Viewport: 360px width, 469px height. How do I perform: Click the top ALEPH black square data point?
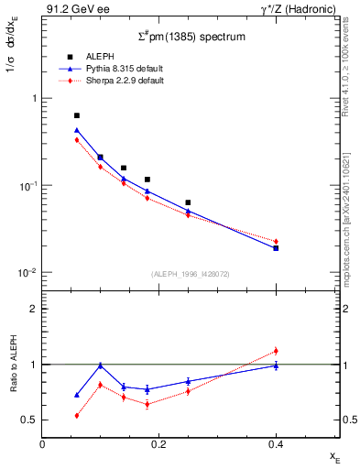tap(77, 115)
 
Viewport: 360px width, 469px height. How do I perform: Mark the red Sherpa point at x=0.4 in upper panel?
tap(276, 241)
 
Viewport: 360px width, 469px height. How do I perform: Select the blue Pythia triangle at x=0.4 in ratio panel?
tap(276, 365)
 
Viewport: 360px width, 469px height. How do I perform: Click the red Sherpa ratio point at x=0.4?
tap(276, 351)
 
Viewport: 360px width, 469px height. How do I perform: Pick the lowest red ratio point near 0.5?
tap(77, 415)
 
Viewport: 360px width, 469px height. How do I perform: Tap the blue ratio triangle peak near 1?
tap(100, 365)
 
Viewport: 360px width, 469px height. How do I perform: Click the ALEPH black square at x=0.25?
tap(188, 202)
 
